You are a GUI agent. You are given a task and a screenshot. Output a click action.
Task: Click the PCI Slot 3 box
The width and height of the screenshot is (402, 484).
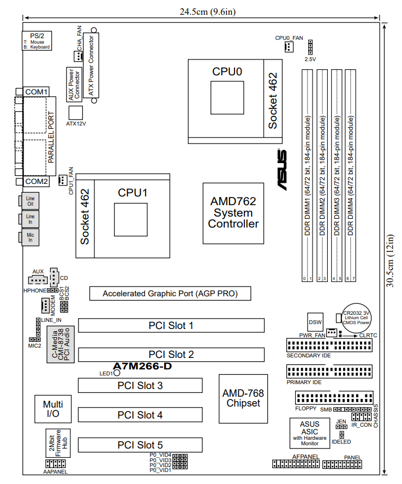point(140,385)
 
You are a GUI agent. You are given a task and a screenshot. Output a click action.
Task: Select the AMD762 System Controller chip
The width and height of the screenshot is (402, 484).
point(233,213)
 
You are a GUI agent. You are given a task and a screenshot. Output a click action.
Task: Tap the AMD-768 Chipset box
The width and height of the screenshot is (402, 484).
point(243,398)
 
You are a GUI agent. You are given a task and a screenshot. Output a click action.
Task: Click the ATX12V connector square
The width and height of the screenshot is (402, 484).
point(76,112)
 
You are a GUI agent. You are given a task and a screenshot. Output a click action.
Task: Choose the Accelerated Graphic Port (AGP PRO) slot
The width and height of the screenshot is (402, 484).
point(170,294)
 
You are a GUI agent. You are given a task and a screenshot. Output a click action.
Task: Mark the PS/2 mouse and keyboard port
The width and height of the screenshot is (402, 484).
point(37,41)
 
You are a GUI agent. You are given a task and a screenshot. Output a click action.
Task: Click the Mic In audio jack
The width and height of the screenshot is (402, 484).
point(31,236)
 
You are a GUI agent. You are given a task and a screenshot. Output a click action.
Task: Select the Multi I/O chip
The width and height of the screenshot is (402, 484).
point(53,408)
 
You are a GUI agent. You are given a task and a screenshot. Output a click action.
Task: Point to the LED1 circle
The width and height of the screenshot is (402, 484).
point(116,374)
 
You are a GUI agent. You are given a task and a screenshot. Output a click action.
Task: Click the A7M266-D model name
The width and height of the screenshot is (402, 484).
point(142,366)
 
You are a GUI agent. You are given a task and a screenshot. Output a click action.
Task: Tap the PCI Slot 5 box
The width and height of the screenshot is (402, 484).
point(140,445)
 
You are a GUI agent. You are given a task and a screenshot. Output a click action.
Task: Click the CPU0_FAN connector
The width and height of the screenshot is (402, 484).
point(287,47)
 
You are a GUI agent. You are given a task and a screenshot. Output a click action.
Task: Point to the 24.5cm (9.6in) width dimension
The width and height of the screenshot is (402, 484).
point(201,11)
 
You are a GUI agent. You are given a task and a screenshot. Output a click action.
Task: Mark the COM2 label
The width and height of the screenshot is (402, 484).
point(37,181)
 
